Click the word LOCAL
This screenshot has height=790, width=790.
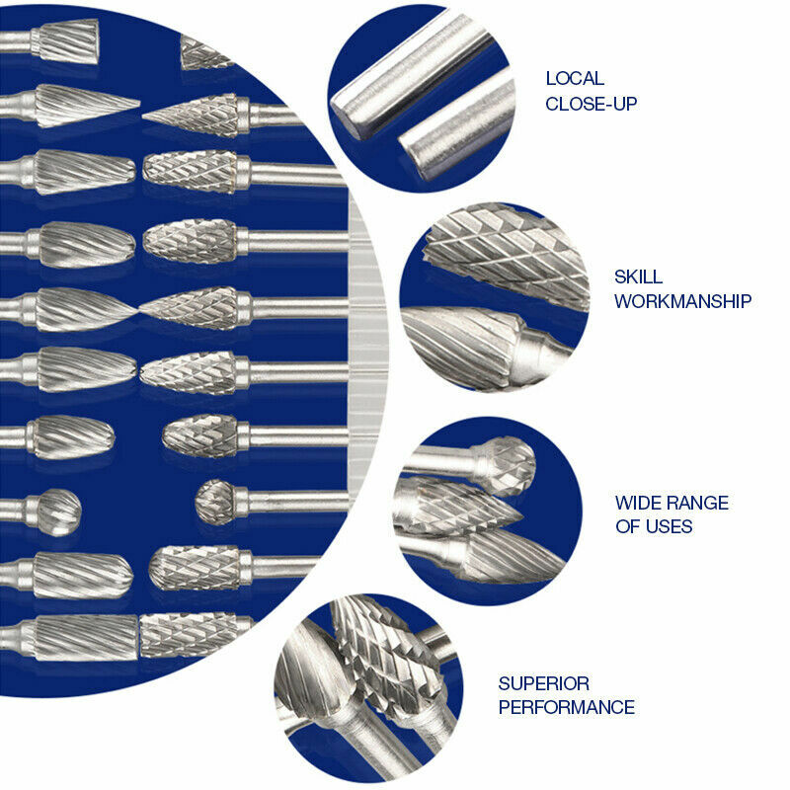575,79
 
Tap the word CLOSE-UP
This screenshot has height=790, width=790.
592,103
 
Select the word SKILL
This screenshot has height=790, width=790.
638,276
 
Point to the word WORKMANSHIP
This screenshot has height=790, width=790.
682,301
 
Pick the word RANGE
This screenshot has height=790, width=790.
701,503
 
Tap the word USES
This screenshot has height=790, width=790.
667,526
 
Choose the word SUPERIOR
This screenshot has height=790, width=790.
543,683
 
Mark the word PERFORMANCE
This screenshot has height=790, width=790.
566,707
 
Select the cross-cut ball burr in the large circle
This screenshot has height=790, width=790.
215,501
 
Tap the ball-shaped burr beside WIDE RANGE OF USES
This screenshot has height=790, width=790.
504,464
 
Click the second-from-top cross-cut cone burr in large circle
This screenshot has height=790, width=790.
193,170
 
